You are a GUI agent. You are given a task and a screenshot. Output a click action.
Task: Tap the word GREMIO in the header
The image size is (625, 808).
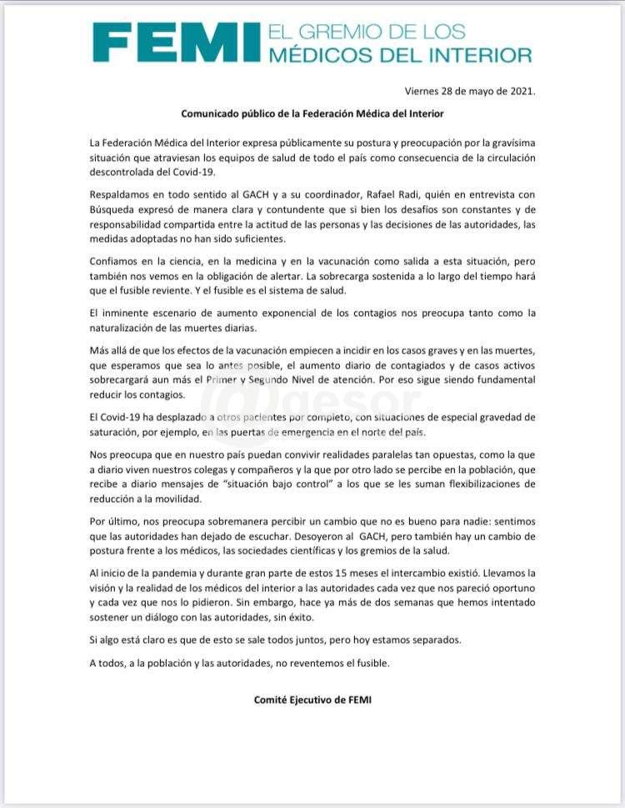[x=346, y=33]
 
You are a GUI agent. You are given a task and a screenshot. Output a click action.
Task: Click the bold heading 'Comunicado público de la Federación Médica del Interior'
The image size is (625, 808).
[x=312, y=113]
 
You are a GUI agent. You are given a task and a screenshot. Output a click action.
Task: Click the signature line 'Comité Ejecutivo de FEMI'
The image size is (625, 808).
[x=312, y=700]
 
